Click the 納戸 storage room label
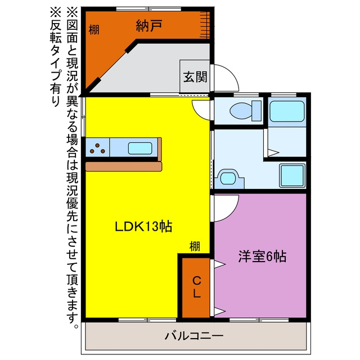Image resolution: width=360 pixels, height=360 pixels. tap(149, 25)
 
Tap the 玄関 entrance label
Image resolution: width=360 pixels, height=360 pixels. tap(195, 76)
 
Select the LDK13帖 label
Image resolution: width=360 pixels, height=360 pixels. tap(143, 226)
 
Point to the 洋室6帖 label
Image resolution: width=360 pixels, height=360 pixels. tap(262, 256)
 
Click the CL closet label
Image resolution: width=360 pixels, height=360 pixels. tap(196, 287)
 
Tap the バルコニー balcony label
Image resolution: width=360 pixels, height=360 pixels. tap(194, 336)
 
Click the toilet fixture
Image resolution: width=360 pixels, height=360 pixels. tap(245, 111)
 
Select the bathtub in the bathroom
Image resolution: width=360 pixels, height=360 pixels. tap(287, 111)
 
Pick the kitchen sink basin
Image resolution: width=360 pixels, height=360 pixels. tap(140, 148)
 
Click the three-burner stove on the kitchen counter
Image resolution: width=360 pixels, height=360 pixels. tap(97, 148)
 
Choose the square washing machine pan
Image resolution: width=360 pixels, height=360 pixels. tap(292, 175)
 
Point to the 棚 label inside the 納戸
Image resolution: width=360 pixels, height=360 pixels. tap(94, 30)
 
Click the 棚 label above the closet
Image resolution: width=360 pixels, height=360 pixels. tap(195, 246)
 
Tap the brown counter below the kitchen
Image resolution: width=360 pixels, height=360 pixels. tap(124, 166)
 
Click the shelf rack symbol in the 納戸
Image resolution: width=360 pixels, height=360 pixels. tap(205, 25)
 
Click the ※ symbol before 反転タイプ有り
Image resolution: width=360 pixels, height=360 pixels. tap(56, 12)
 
